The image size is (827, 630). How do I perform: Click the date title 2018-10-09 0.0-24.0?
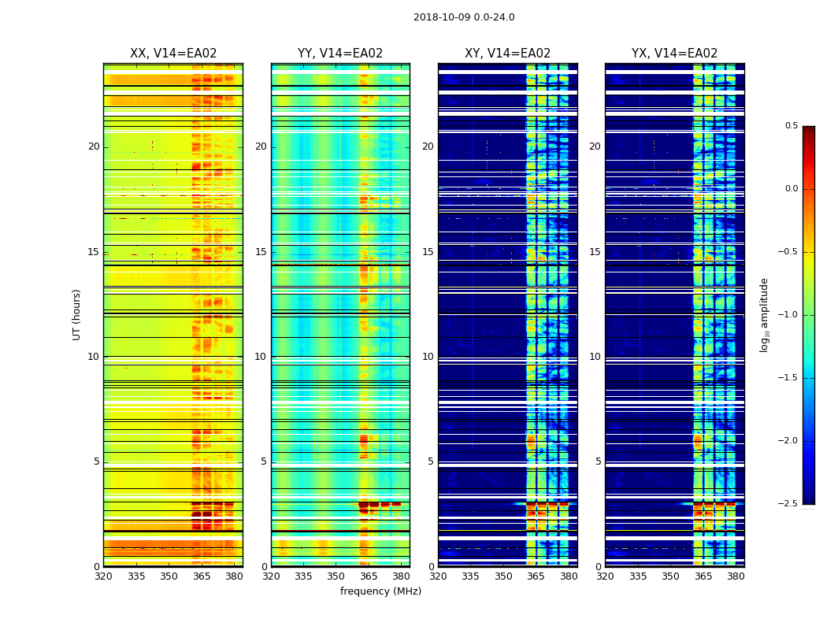pyautogui.click(x=464, y=17)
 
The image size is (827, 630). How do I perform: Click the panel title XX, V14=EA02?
pyautogui.click(x=173, y=54)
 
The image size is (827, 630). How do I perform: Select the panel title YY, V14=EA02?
pyautogui.click(x=340, y=54)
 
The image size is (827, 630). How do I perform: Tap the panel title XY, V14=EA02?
pyautogui.click(x=507, y=54)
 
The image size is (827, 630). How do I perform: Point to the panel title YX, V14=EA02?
pyautogui.click(x=674, y=54)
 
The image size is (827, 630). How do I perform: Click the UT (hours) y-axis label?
pyautogui.click(x=77, y=314)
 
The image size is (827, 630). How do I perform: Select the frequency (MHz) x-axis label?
pyautogui.click(x=380, y=591)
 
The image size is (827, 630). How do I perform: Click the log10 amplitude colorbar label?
pyautogui.click(x=764, y=314)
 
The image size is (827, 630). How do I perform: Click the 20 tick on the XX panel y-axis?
pyautogui.click(x=94, y=146)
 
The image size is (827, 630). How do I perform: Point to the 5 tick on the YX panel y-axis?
pyautogui.click(x=598, y=461)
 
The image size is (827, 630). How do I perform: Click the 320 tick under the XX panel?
pyautogui.click(x=103, y=576)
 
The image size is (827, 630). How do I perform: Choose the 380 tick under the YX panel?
pyautogui.click(x=736, y=576)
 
